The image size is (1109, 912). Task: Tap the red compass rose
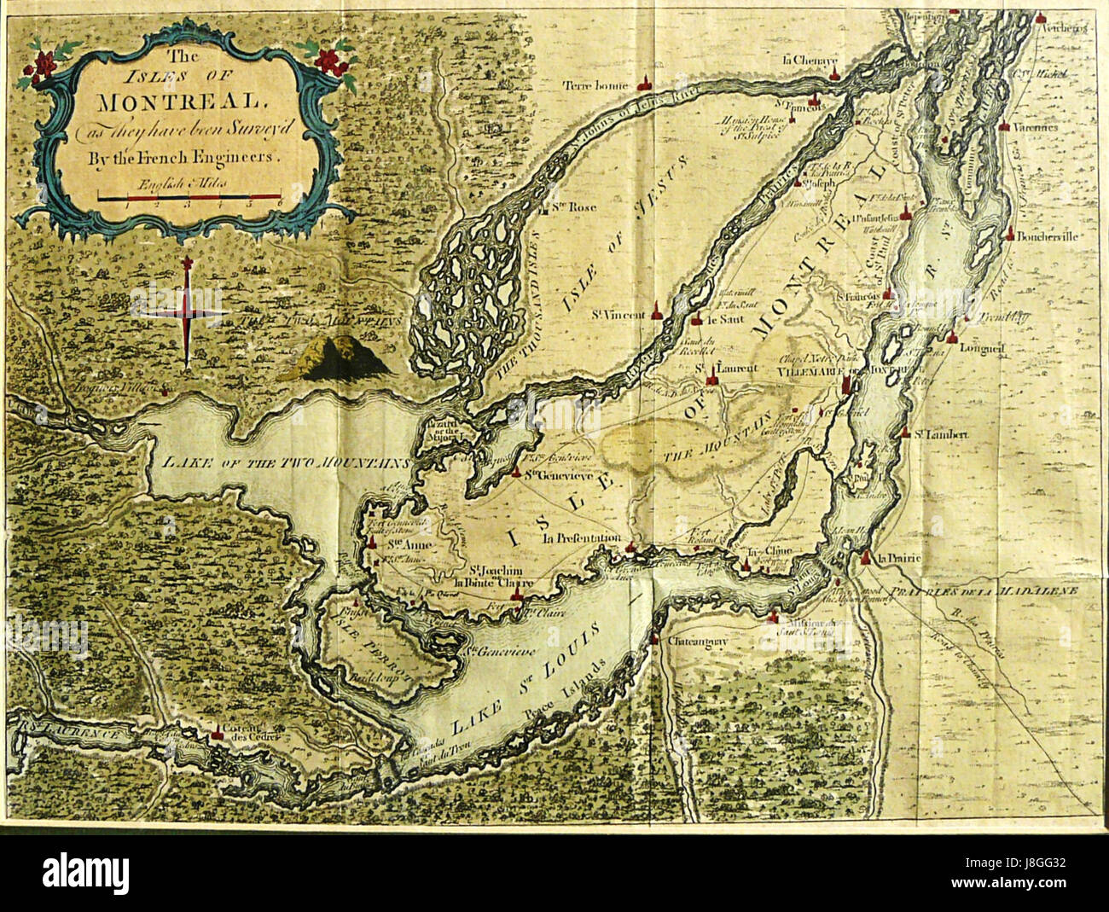click(187, 311)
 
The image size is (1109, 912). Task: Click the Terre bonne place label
click(595, 85)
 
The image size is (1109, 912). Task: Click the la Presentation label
click(580, 538)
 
